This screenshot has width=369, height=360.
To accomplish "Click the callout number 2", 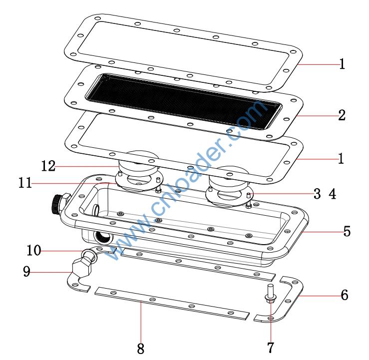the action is pos(342,115).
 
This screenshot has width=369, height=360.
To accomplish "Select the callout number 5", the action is pos(347,231).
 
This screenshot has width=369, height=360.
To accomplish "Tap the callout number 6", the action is pos(345,295).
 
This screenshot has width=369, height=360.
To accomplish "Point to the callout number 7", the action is pos(271,348).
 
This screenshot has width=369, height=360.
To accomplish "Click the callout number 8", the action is pos(140,349).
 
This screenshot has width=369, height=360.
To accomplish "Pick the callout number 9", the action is pos(27,271).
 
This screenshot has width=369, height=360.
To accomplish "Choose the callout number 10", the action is pos(34,250).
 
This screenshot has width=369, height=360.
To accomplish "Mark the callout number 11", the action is pos(25,183).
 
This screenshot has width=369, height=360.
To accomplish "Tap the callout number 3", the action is pos(317,194).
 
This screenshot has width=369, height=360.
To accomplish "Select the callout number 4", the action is pos(332,194).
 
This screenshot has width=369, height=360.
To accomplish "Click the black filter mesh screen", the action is pos(184,101).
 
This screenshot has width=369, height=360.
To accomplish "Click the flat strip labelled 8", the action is pos(172,304).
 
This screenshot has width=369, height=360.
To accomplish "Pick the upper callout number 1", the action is pos(342,64).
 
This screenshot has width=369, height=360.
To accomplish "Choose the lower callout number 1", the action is pos(341,159).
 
